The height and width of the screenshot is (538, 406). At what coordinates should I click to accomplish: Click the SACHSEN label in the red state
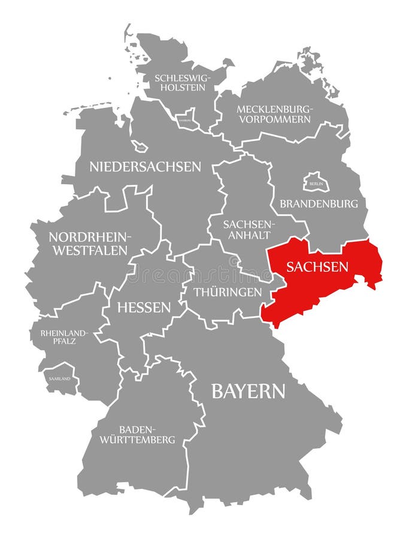[317, 267]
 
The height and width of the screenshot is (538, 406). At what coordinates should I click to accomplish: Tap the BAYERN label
[248, 392]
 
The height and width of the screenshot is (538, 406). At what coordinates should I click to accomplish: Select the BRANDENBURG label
[319, 203]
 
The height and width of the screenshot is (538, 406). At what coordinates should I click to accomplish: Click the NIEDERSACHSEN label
[146, 167]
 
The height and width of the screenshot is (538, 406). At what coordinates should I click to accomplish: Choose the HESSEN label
[144, 307]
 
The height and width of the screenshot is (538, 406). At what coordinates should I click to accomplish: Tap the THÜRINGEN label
[228, 292]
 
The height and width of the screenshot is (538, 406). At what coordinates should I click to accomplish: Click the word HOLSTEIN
[180, 88]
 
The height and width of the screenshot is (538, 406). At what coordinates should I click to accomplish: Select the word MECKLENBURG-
[275, 109]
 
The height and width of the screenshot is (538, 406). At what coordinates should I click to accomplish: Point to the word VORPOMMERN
[275, 119]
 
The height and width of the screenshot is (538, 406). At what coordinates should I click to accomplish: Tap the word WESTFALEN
[90, 250]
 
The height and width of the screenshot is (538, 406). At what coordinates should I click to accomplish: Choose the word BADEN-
[138, 429]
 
